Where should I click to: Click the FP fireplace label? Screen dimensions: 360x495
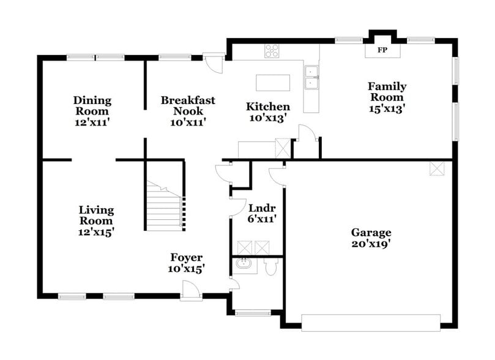pos(382,50)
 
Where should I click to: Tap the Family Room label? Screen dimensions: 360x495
pos(386,92)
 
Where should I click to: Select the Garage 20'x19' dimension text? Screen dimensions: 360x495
pos(371,244)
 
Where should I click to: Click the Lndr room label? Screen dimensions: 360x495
pos(258,207)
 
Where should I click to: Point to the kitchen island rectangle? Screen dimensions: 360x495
pos(273,82)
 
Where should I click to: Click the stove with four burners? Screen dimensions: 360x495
pos(272,52)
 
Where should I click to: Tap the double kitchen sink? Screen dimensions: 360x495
pos(311,77)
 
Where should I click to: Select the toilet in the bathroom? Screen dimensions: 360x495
pos(271,268)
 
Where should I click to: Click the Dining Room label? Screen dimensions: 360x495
pos(92,105)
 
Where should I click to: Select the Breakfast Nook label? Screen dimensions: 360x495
pos(187,105)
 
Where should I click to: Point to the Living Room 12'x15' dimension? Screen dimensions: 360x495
pos(96,232)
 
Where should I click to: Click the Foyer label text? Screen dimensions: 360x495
pos(186,258)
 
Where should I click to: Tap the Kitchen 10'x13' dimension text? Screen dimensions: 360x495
pos(267,118)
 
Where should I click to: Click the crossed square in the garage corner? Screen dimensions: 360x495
pos(437,168)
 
